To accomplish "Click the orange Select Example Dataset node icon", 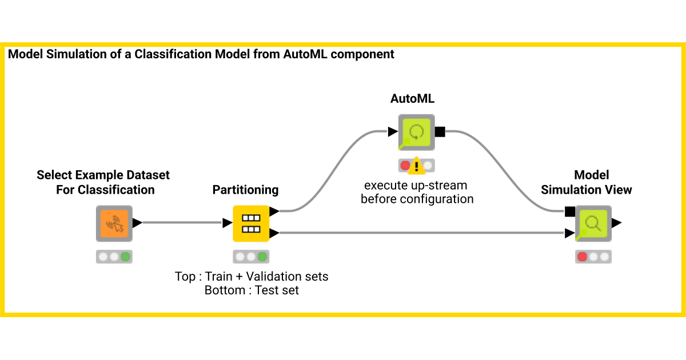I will pyautogui.click(x=114, y=223).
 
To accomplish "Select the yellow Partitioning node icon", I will pyautogui.click(x=251, y=223).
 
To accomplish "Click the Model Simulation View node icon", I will pyautogui.click(x=593, y=223).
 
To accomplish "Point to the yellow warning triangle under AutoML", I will pyautogui.click(x=417, y=166).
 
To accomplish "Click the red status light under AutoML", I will pyautogui.click(x=406, y=166).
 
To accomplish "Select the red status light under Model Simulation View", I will pyautogui.click(x=583, y=257).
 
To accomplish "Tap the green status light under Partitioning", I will pyautogui.click(x=262, y=257).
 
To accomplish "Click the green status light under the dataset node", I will pyautogui.click(x=125, y=257).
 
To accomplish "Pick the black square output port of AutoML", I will pyautogui.click(x=440, y=132).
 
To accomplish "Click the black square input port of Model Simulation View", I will pyautogui.click(x=569, y=211).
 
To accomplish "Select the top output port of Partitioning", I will pyautogui.click(x=274, y=211).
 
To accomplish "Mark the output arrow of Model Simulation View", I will pyautogui.click(x=617, y=223).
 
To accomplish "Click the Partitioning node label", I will pyautogui.click(x=245, y=190).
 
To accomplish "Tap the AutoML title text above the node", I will pyautogui.click(x=412, y=98).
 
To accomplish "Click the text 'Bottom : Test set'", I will pyautogui.click(x=252, y=290).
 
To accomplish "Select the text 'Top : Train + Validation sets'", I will pyautogui.click(x=252, y=277).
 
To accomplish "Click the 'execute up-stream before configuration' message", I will pyautogui.click(x=417, y=193).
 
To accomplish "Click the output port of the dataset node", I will pyautogui.click(x=137, y=223).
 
